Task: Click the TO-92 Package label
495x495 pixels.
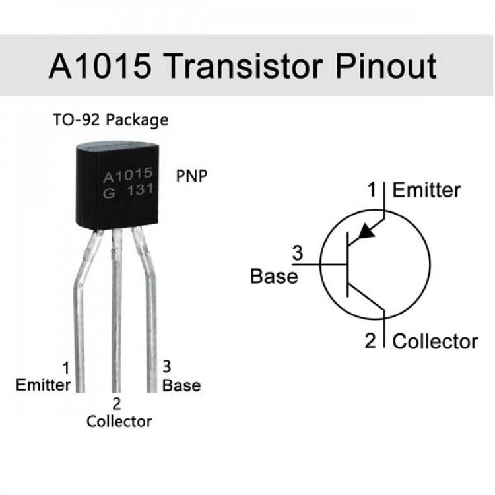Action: point(110,120)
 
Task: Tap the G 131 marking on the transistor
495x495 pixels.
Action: point(127,191)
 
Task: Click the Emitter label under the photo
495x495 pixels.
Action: point(44,385)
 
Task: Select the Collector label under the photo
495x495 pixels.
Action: point(119,420)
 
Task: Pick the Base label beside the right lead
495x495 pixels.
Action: point(181,385)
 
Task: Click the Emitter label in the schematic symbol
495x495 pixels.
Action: point(426,190)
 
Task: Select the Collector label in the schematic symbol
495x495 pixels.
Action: point(435,341)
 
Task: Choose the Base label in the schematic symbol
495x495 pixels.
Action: point(274,275)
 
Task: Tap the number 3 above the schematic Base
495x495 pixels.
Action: point(297,252)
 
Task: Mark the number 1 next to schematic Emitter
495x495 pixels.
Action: point(371,190)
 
